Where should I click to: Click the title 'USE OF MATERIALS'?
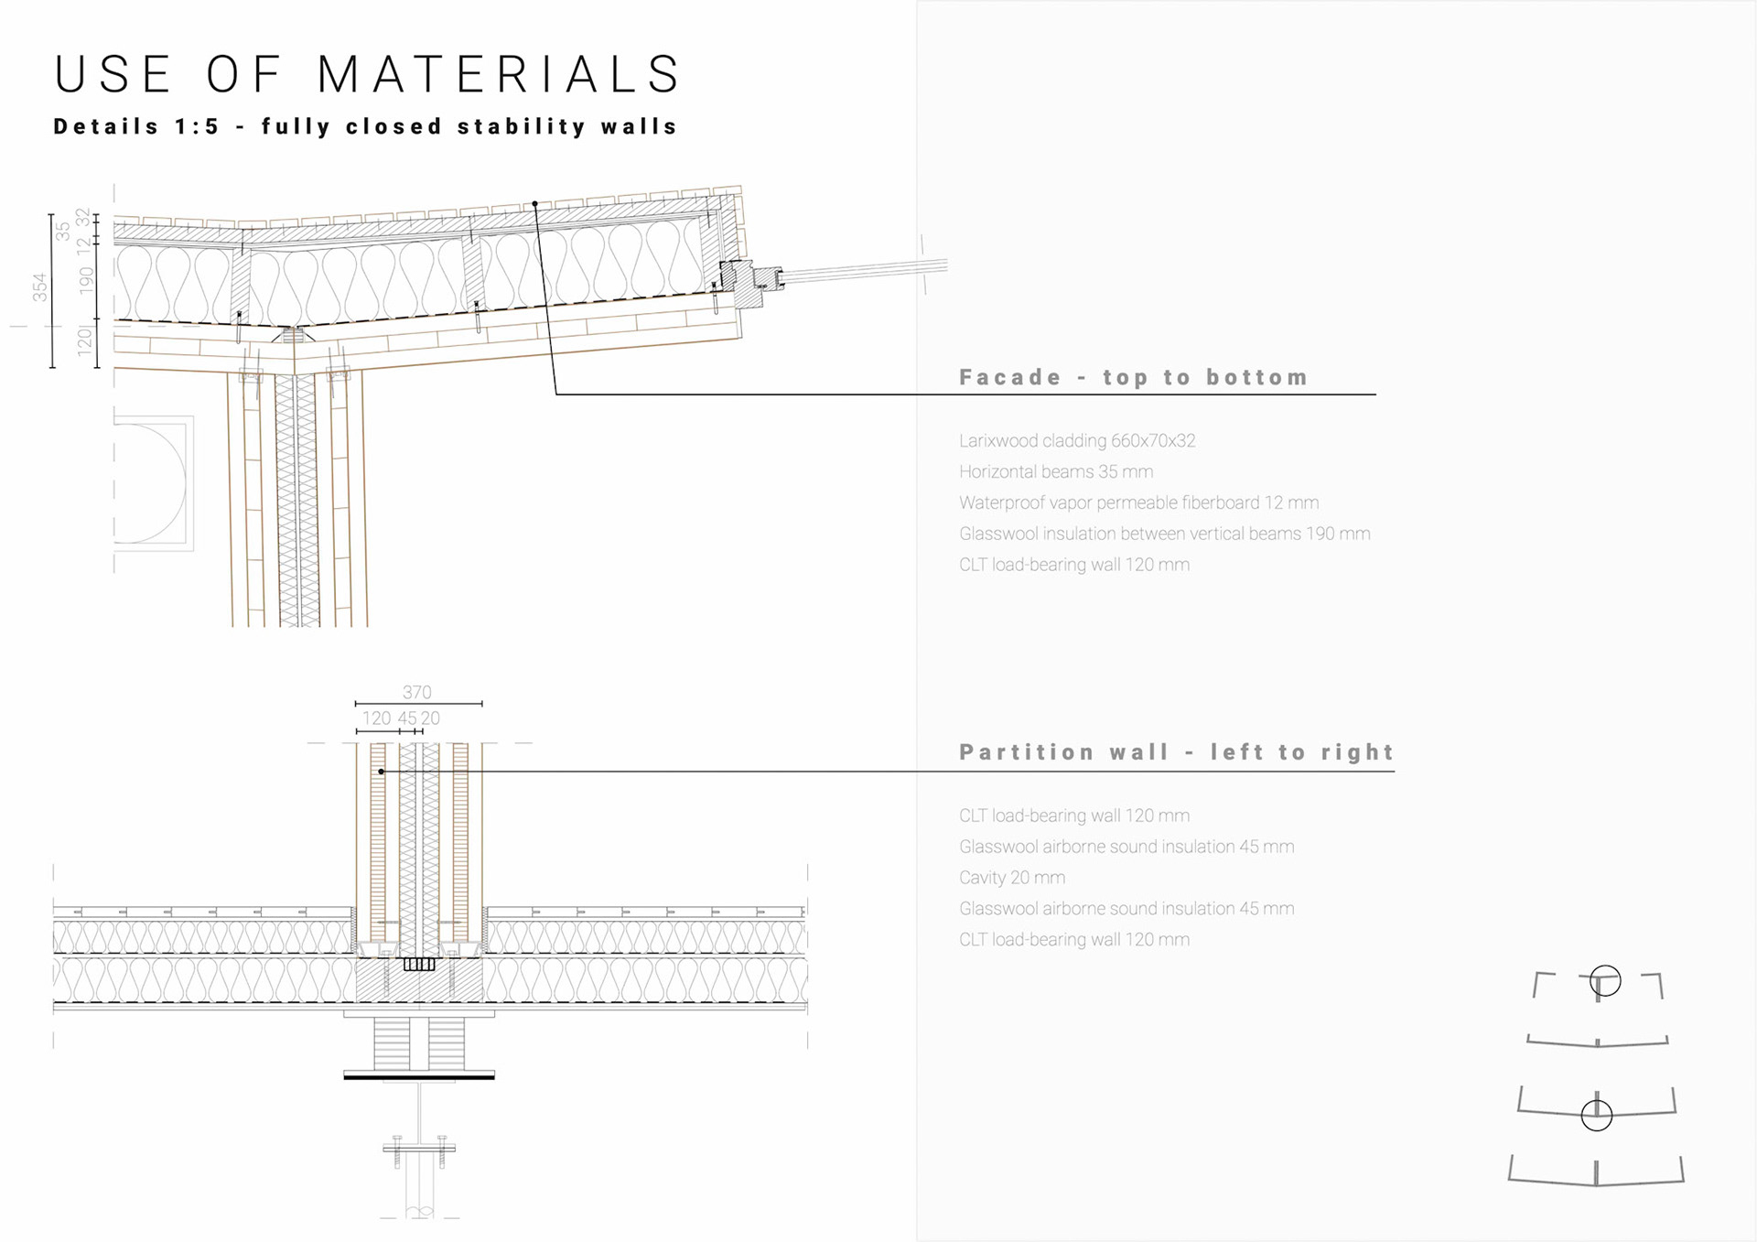tap(367, 74)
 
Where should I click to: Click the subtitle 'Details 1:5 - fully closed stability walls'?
tap(365, 126)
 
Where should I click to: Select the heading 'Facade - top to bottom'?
tap(1133, 377)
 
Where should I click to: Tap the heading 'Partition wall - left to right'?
tap(1176, 752)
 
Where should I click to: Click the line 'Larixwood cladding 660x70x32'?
tap(1077, 440)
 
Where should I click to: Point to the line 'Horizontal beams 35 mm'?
tap(1056, 471)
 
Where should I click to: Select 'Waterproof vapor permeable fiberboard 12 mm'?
tap(1138, 502)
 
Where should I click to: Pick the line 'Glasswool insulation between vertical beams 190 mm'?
tap(1164, 534)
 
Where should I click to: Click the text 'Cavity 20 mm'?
tap(1012, 878)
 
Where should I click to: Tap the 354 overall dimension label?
tap(39, 287)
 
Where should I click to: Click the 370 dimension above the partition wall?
tap(417, 693)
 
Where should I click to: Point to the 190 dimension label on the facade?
tap(86, 279)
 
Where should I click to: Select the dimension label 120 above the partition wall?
tap(376, 718)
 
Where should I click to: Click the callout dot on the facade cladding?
tap(534, 204)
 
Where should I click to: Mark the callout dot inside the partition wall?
tap(382, 772)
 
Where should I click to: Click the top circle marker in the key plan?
tap(1605, 981)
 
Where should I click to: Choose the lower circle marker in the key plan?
tap(1597, 1115)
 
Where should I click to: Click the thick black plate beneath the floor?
tap(419, 1077)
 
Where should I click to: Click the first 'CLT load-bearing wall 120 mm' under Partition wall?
tap(1074, 815)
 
